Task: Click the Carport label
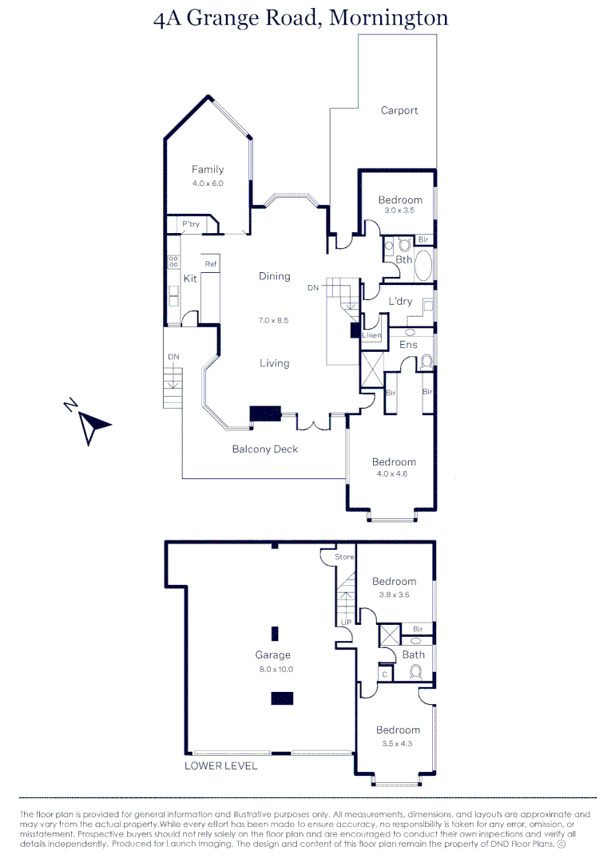pos(399,111)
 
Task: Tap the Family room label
pos(208,169)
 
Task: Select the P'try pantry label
pos(191,224)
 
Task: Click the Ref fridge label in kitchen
pos(211,263)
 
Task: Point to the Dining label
pos(274,276)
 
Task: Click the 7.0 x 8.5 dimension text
pos(273,320)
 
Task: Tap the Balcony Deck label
pos(264,449)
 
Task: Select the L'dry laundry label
pos(400,301)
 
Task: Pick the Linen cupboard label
pos(371,335)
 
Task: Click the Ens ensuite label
pos(408,345)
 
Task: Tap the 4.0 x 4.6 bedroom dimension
pos(394,474)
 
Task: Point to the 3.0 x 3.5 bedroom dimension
pos(400,211)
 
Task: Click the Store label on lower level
pos(344,556)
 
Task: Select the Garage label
pos(273,655)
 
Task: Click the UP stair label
pos(346,622)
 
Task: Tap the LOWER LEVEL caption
pos(221,765)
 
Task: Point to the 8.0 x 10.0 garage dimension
pos(276,669)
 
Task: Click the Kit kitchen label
pos(190,279)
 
